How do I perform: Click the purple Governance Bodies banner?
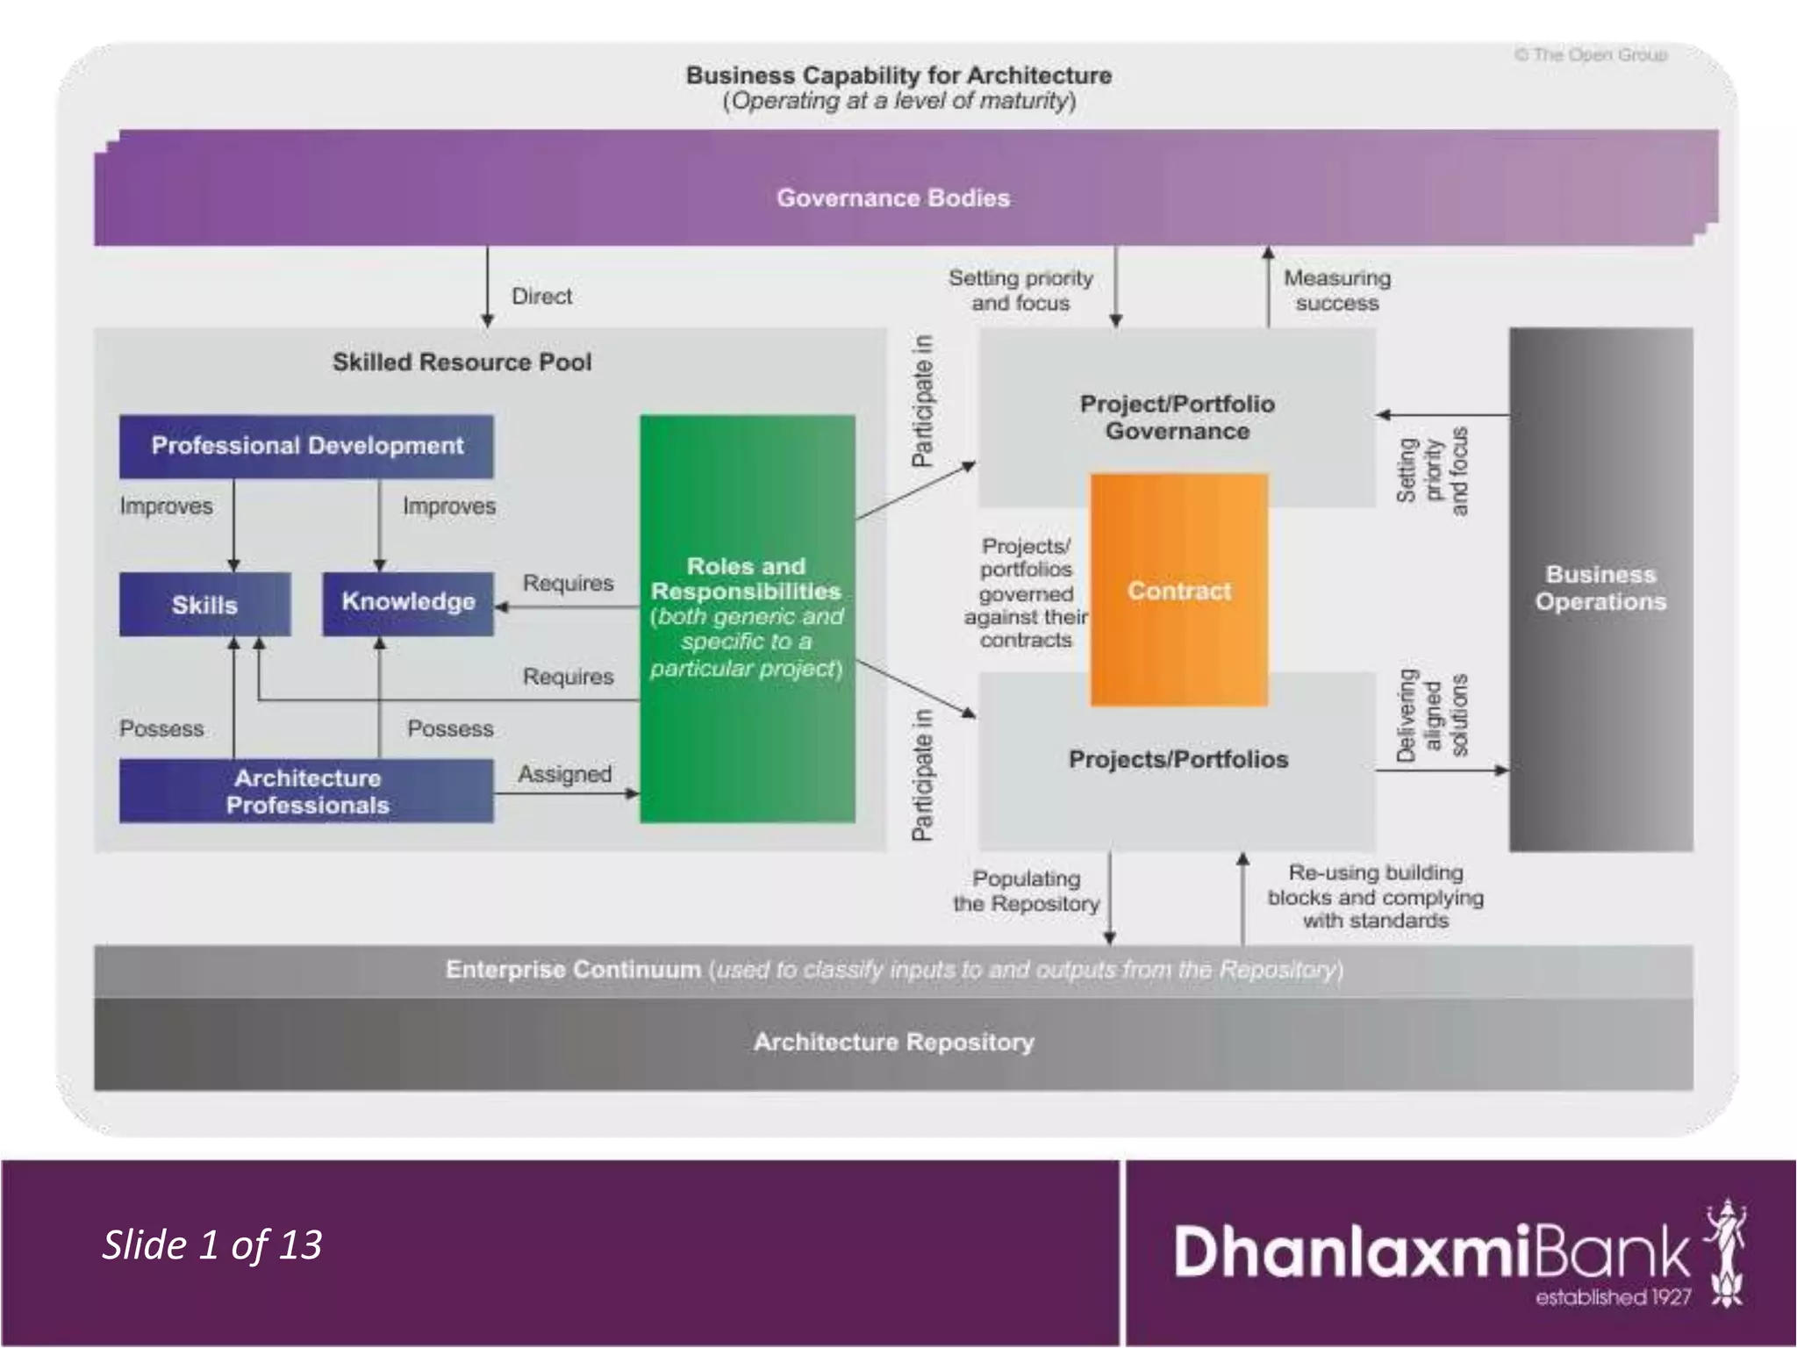click(893, 197)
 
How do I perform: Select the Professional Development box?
click(306, 446)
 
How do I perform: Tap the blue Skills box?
click(204, 605)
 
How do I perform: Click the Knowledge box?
click(408, 603)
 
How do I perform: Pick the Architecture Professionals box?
click(306, 792)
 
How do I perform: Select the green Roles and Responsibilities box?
click(747, 618)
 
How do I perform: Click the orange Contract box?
click(1178, 590)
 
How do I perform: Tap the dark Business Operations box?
click(1600, 589)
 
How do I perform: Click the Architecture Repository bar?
click(893, 1043)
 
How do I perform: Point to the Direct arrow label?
click(541, 297)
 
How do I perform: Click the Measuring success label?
click(1337, 290)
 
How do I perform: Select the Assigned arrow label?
click(564, 774)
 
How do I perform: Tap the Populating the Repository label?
click(1026, 891)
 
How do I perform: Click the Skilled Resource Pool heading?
click(462, 362)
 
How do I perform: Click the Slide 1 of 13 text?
click(212, 1244)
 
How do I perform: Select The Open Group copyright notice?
click(1590, 55)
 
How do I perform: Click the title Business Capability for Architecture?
click(898, 75)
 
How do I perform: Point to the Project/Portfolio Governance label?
click(1177, 418)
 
